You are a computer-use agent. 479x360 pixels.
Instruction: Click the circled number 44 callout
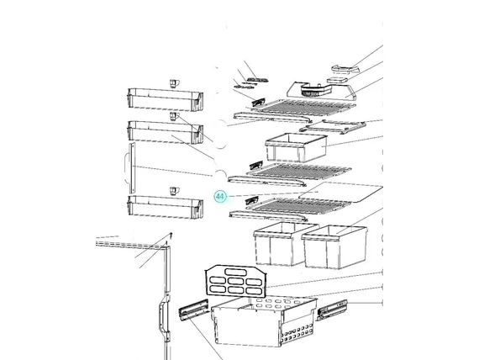tap(220, 196)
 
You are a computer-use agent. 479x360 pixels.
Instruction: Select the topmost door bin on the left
tap(166, 100)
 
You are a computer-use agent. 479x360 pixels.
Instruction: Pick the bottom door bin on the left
tap(166, 208)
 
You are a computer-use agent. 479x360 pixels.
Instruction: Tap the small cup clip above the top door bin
tap(175, 83)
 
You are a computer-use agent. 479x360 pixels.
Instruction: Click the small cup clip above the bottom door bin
tap(175, 191)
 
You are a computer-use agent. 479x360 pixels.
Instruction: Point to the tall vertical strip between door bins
tap(132, 168)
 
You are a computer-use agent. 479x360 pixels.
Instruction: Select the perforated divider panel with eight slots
tap(236, 282)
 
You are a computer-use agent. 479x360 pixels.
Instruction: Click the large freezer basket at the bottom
tap(264, 321)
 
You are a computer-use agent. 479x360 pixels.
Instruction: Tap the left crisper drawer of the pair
tap(282, 243)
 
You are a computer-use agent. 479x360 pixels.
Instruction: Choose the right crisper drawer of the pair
tap(334, 247)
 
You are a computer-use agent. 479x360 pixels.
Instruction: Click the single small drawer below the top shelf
tap(297, 147)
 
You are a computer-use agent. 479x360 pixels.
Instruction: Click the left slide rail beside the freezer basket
tap(194, 310)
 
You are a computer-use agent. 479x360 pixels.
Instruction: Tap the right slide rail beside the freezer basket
tap(333, 310)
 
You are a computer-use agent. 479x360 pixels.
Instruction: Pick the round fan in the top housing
tap(311, 91)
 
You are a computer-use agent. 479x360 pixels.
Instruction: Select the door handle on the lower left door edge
tap(162, 318)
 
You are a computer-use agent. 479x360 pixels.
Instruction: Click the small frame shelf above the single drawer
tap(333, 127)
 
